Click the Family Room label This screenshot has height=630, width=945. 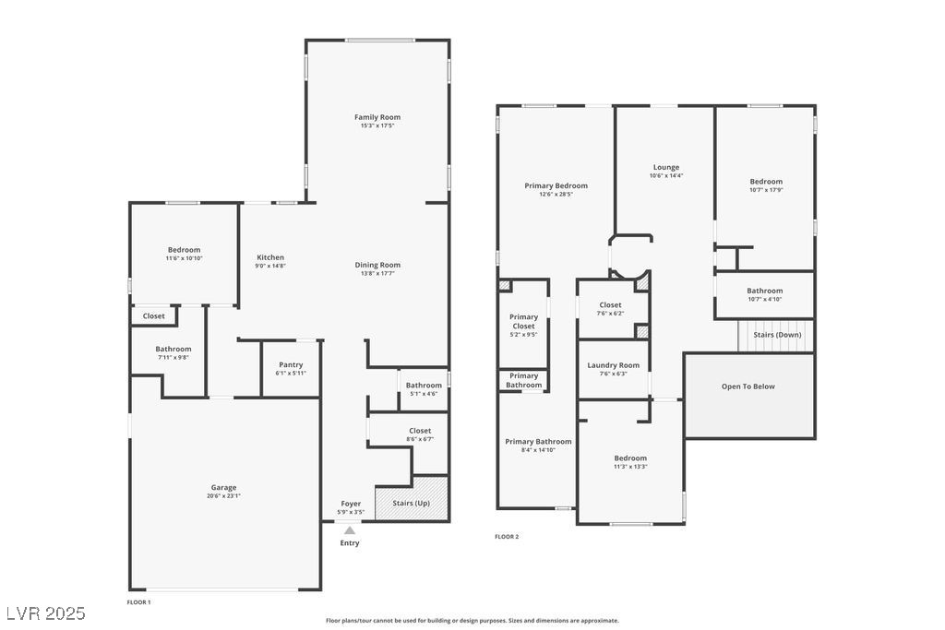377,117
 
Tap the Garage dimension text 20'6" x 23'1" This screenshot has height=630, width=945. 223,496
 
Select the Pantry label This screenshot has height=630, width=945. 291,365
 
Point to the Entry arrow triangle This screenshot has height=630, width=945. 349,530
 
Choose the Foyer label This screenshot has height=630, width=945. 351,504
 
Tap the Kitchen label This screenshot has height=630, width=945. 270,257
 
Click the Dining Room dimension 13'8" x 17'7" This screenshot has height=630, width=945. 377,273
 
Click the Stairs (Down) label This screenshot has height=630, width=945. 777,335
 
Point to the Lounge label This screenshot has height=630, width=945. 666,167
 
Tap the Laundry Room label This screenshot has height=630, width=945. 613,365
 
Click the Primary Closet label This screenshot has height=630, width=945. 523,322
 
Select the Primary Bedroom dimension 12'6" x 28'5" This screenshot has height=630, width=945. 556,194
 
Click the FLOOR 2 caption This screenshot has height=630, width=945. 507,536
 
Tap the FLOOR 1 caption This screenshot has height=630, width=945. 138,601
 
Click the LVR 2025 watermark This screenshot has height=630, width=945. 45,613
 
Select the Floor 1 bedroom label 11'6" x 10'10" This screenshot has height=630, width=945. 184,258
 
